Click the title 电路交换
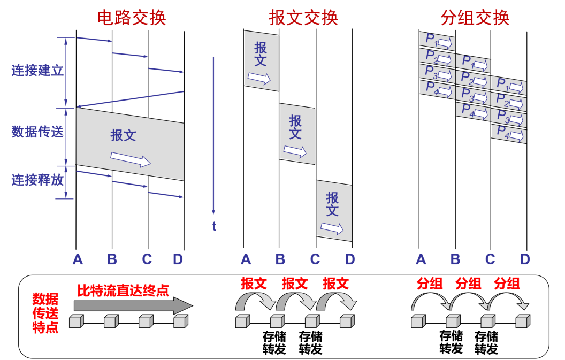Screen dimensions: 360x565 point(132,17)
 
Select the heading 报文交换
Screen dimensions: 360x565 point(303,17)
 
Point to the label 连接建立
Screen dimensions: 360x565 point(37,70)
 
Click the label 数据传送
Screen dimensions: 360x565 point(37,132)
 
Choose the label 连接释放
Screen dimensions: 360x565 point(37,179)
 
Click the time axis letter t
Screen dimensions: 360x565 point(214,226)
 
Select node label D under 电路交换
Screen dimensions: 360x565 point(178,260)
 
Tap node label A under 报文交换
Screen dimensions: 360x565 point(246,260)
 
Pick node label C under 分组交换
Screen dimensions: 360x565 point(490,260)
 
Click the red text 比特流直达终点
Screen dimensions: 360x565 point(123,290)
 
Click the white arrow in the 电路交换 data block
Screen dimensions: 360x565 point(131,159)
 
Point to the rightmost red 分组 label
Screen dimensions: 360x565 point(507,284)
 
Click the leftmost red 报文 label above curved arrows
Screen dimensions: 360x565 point(254,284)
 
